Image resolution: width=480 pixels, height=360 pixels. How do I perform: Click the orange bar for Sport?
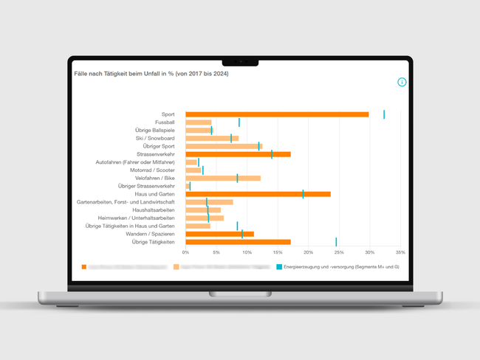point(277,114)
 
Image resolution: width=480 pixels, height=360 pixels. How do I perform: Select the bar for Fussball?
point(199,122)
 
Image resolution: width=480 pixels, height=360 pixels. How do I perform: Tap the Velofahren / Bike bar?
point(223,178)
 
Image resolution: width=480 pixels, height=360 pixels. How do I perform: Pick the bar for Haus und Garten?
point(258,194)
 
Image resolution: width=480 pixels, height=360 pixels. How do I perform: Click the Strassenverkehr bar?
point(238,154)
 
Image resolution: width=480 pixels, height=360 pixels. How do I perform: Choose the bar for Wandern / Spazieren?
point(219,234)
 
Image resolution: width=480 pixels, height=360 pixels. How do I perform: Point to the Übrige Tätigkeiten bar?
point(238,242)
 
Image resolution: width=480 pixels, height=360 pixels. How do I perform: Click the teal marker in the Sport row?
point(384,114)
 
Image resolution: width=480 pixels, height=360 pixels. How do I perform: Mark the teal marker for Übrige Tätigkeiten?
point(336,242)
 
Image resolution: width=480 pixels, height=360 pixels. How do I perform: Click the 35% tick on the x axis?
point(400,252)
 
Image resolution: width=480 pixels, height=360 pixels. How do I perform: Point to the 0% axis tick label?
point(185,252)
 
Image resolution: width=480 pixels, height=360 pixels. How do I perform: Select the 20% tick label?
point(308,252)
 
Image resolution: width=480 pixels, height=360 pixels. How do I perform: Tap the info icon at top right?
point(402,82)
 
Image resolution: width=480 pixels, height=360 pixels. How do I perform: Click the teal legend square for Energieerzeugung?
point(278,266)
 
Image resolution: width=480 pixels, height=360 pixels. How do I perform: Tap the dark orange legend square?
point(84,266)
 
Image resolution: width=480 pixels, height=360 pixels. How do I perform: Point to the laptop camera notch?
point(240,61)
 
